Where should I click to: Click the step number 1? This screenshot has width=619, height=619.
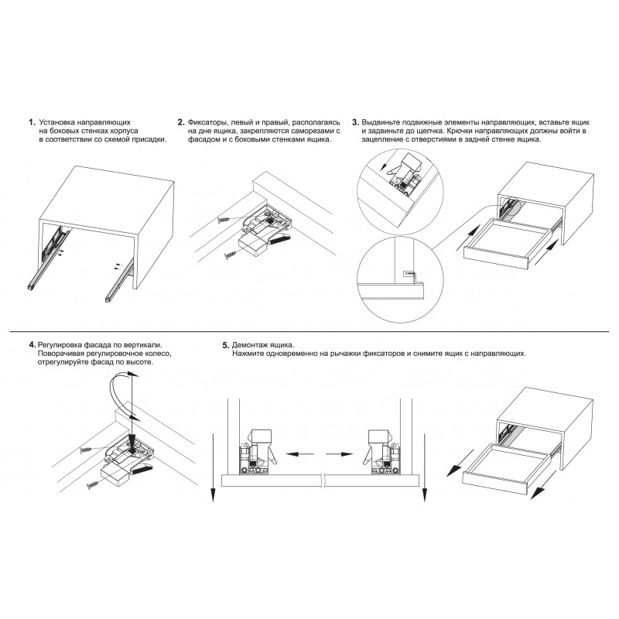coord(32,122)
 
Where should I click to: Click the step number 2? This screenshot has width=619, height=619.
coord(181,122)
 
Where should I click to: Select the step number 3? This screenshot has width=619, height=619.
coord(355,122)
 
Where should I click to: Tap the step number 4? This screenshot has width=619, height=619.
coord(32,344)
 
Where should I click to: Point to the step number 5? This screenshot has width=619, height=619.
coord(226,345)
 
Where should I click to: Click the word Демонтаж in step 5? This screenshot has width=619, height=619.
coord(248,345)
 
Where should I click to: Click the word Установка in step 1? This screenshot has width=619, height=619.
coord(56,122)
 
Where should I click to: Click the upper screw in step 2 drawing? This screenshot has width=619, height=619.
coord(224,219)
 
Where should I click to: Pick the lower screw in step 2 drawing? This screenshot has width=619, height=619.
coord(231,256)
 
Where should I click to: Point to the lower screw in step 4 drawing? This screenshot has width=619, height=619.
coord(94,485)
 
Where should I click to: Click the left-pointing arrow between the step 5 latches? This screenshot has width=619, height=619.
coord(299,454)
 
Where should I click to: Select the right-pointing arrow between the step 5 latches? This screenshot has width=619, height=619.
coord(339,454)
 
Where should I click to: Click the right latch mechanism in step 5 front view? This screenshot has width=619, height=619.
coord(381,452)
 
